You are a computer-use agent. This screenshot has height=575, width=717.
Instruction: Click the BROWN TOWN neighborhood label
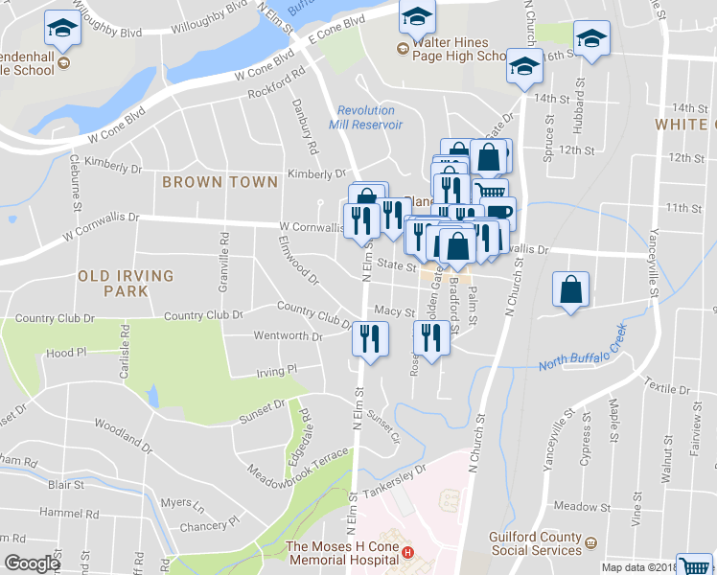click(220, 181)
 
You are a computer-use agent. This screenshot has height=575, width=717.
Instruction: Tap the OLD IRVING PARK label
click(126, 283)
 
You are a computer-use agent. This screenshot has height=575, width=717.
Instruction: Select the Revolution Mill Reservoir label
click(365, 118)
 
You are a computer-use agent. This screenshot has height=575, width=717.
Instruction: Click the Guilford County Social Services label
click(535, 544)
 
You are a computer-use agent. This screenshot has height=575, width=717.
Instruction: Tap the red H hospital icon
click(409, 552)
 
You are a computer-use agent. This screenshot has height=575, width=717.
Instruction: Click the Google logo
click(32, 563)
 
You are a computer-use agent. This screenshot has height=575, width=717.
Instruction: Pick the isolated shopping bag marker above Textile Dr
click(570, 289)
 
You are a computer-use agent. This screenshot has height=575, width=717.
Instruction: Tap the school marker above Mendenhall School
click(63, 28)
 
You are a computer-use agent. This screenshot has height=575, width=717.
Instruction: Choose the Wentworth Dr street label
click(288, 336)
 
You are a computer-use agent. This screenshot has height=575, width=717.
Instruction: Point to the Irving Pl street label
click(276, 371)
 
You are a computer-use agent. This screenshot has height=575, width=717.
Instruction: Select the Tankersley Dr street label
click(394, 482)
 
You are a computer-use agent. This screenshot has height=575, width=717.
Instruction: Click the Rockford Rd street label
click(276, 82)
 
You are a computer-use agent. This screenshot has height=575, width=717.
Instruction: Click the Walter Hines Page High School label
click(459, 50)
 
